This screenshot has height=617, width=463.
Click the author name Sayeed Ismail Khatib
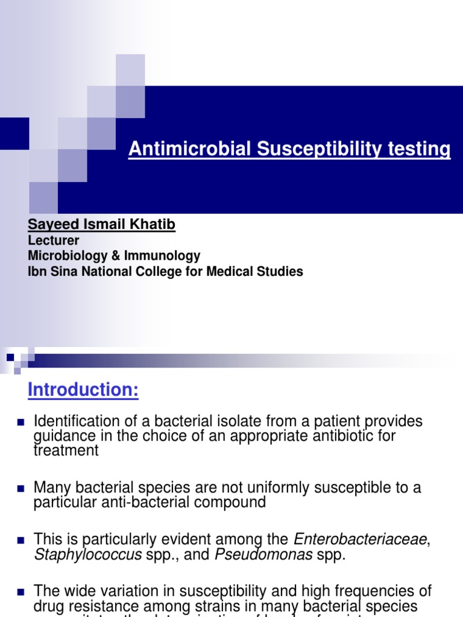point(101,225)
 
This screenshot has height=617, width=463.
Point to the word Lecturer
point(54,240)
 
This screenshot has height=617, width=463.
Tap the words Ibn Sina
point(55,272)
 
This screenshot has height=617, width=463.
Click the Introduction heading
point(83,390)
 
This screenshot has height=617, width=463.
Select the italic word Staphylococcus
point(87,554)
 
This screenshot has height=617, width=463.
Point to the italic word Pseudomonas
point(263,554)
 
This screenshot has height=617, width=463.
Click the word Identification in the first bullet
point(71,421)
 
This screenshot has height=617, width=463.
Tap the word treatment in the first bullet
point(66,450)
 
